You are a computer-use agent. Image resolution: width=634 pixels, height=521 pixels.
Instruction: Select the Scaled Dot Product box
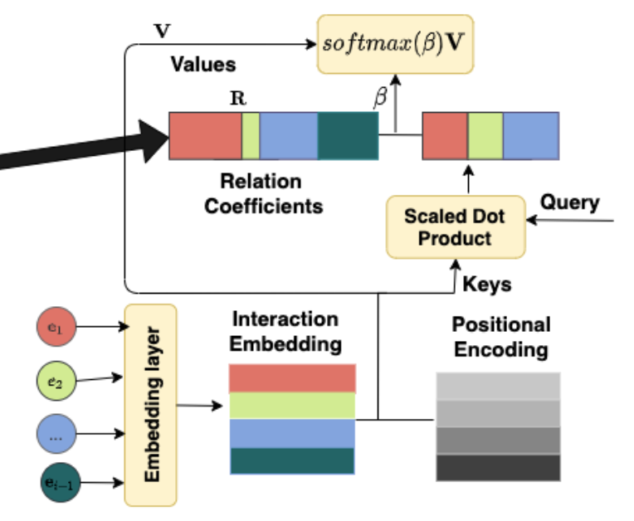[x=455, y=226]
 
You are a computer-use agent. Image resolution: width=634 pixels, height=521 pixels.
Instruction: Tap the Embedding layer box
[x=150, y=405]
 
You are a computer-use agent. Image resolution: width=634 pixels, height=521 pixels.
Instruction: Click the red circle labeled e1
[x=56, y=328]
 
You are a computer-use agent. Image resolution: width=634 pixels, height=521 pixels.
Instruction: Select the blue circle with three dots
[x=56, y=434]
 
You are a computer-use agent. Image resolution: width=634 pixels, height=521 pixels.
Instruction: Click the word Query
[x=569, y=202]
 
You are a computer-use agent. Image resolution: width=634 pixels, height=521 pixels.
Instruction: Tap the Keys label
[x=486, y=285]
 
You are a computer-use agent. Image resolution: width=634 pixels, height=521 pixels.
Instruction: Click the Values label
[x=203, y=65]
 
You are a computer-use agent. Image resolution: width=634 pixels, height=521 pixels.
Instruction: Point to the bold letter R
[x=237, y=97]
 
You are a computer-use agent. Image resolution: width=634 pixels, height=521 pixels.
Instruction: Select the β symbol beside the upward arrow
[x=381, y=98]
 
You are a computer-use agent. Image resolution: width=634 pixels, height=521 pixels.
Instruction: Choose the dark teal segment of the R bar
[x=348, y=135]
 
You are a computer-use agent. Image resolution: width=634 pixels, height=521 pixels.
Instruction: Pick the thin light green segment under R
[x=251, y=135]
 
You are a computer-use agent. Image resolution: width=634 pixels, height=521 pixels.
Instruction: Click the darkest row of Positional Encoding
[x=498, y=468]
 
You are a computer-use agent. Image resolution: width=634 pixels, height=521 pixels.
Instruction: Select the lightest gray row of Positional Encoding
[x=498, y=387]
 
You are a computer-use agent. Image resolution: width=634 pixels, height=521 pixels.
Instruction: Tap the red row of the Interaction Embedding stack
[x=292, y=378]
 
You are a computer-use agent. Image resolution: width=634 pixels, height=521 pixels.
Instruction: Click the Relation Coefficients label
[x=261, y=193]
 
